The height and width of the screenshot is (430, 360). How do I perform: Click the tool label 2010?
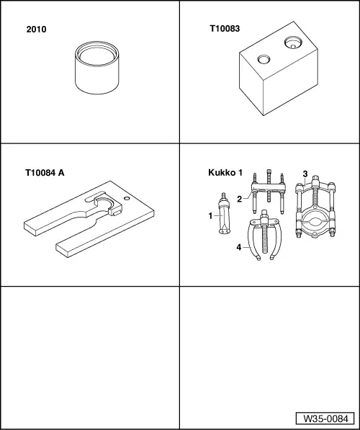pos(36,30)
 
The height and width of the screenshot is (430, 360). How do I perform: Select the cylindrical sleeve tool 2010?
pos(96,68)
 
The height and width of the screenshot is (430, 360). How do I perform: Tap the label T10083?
pos(225,29)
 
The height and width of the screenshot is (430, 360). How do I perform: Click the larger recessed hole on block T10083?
pos(293,42)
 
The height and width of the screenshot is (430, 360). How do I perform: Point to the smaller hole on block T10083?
pos(264,59)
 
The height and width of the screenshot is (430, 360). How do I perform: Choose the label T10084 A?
pos(45,173)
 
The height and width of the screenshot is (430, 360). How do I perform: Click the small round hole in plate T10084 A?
pos(127,198)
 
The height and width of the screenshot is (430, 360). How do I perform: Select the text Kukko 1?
pos(225,172)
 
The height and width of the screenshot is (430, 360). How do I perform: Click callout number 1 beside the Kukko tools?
pos(210,216)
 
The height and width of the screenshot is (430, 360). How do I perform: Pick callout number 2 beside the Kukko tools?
pos(239,199)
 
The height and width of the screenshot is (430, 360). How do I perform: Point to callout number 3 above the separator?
pos(305,174)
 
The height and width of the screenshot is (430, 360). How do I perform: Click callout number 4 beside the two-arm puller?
pos(239,247)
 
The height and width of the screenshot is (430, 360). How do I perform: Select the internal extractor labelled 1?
pos(225,214)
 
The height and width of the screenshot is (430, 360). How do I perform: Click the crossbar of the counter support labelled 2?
pos(269,188)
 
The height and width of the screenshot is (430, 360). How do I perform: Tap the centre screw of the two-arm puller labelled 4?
pos(265,236)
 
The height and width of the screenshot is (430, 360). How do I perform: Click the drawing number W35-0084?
pos(325,418)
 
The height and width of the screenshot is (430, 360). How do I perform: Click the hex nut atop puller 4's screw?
pos(264,214)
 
